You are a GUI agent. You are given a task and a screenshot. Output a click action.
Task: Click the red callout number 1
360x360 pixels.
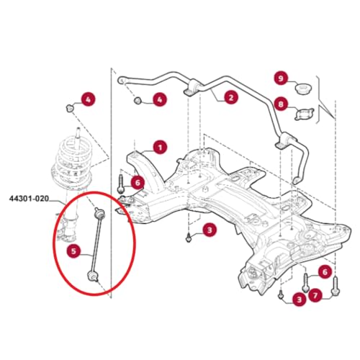[159, 147]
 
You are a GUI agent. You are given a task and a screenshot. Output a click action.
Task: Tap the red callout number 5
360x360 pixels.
[73, 251]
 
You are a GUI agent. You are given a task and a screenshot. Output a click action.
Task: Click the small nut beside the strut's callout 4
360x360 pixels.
[69, 107]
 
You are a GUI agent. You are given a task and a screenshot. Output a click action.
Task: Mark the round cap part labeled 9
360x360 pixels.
[302, 90]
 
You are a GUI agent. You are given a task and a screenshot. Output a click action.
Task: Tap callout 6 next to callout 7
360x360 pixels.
[324, 271]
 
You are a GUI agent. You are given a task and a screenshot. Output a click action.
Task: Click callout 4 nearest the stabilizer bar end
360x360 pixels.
[158, 99]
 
